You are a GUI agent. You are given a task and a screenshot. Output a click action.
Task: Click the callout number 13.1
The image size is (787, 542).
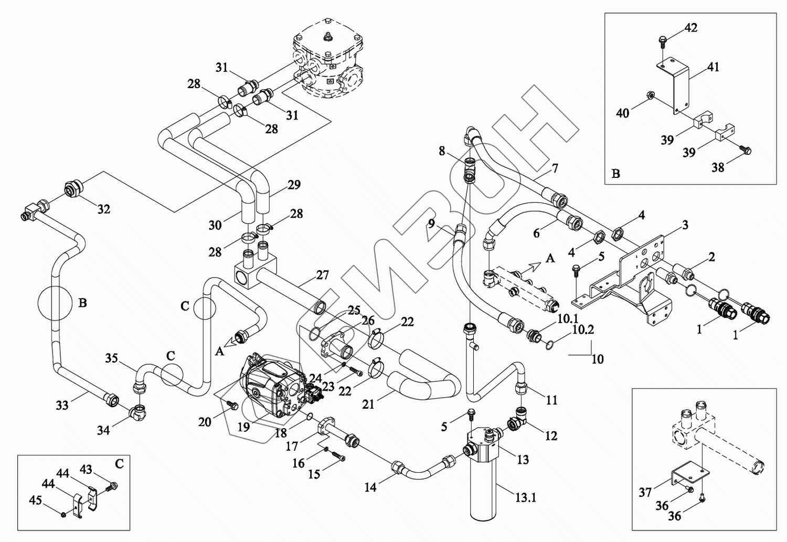coord(525,497)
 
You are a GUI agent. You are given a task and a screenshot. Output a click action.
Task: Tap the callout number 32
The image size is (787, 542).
coord(104,209)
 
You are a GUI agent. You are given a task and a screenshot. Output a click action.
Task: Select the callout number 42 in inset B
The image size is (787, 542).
coord(691,27)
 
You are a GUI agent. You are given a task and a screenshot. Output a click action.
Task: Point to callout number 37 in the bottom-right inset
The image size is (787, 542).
coord(645,492)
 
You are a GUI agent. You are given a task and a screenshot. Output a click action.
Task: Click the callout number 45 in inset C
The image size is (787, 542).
coord(35,501)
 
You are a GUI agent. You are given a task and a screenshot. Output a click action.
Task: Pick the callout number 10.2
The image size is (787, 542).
coord(583,330)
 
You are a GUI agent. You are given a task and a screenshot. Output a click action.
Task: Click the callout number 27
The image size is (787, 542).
coord(322,275)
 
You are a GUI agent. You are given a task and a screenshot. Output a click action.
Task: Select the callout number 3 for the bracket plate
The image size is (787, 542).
coord(685,225)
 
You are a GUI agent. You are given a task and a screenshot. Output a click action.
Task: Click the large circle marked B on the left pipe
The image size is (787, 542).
coord(55,303)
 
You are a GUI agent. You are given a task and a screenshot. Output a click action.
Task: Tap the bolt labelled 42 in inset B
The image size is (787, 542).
coord(663,40)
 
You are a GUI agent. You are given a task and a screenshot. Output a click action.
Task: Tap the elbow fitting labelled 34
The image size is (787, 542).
coord(138,412)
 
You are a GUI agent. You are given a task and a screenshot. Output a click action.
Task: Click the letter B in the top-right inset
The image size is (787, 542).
coord(616,174)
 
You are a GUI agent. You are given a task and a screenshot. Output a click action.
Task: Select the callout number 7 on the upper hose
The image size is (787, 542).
coord(555,168)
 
